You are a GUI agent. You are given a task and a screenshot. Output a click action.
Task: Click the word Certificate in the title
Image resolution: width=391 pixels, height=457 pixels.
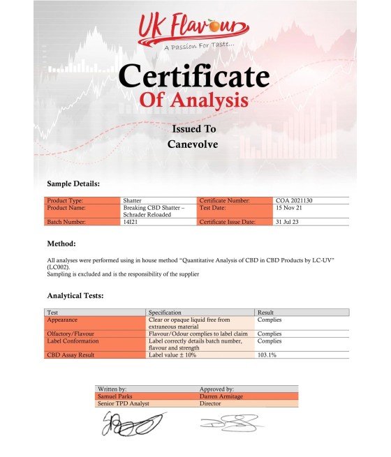tap(195, 75)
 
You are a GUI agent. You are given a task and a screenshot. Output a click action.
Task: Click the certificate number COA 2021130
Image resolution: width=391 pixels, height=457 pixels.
tap(299, 201)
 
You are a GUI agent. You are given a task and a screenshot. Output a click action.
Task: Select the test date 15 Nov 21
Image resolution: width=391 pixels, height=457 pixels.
tap(291, 208)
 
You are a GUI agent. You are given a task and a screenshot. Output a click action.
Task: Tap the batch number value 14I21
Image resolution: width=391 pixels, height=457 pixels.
tap(130, 222)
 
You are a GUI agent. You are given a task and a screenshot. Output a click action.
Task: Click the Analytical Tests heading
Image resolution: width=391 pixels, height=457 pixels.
tap(75, 296)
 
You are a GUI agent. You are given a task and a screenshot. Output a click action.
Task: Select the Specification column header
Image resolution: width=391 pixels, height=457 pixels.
tap(165, 313)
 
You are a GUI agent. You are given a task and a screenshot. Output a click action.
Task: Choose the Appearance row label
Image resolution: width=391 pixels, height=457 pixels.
tap(64, 320)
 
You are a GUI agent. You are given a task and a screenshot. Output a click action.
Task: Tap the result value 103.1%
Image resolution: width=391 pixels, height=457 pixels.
tap(269, 355)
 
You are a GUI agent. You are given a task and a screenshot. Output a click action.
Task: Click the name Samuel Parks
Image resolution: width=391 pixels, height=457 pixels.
tap(117, 396)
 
